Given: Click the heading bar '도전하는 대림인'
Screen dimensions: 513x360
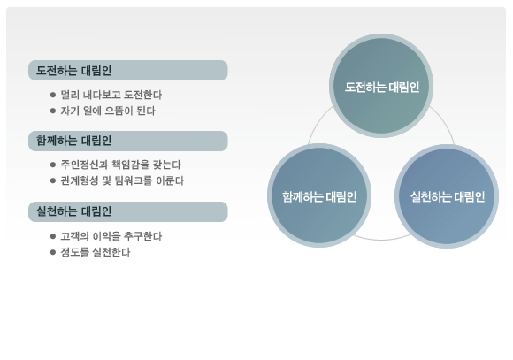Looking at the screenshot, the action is pos(128,71).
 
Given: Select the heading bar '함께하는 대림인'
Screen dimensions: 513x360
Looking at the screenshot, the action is pos(128,141).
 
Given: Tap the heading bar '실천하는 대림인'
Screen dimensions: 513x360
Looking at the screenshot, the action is pos(128,211).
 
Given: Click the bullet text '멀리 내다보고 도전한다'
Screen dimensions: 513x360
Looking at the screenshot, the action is pos(111,95).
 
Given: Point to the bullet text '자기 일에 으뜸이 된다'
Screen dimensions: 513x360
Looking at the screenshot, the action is pos(108,111).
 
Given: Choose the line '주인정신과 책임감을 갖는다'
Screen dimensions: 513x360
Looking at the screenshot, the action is pos(120,165).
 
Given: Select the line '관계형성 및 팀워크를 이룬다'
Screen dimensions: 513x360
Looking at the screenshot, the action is pos(122,180).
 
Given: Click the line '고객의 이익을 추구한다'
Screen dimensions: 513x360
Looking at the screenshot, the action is pos(111,236).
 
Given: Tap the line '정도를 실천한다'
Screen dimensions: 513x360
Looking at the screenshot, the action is pos(96,252).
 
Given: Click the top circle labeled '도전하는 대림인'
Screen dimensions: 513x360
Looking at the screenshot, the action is pos(381,86).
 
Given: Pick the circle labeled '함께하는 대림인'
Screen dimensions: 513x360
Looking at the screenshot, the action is pos(319,195).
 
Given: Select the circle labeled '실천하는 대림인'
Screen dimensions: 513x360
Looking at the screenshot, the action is pos(447,196).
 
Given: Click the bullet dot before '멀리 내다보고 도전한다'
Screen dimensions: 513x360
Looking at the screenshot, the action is pos(53,95).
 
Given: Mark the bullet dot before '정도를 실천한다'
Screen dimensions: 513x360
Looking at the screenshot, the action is pos(53,252).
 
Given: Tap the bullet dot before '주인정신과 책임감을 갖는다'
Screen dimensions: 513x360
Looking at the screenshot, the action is pos(53,165).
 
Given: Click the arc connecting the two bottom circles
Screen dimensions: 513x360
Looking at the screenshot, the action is pos(382,240).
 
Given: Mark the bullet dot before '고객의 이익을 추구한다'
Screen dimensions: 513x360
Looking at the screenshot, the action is pos(53,236).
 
